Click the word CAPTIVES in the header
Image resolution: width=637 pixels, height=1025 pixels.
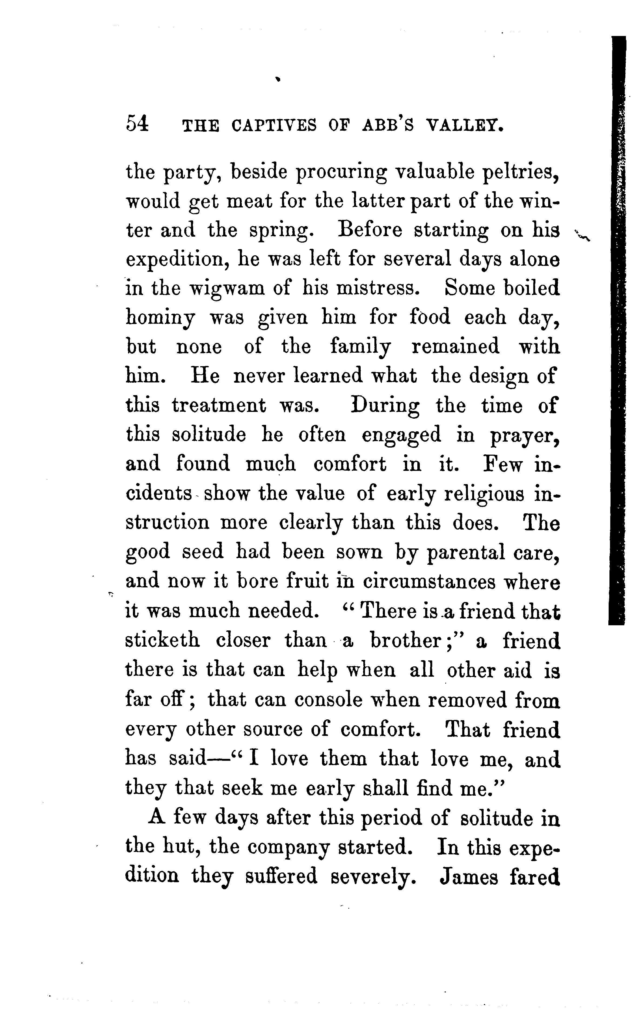point(274,126)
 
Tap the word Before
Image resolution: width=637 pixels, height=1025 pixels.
point(370,230)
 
